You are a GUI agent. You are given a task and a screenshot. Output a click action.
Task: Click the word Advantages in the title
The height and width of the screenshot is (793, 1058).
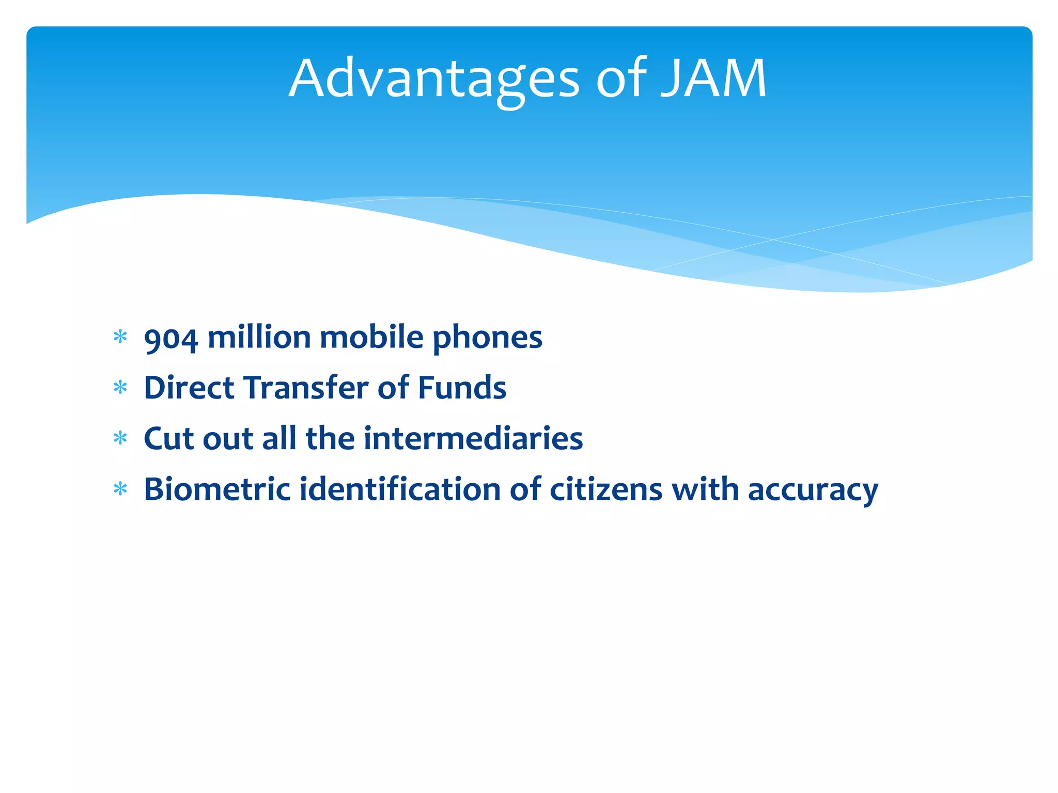click(434, 78)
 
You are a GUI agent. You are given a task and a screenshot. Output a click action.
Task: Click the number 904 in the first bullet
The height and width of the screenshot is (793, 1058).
click(170, 339)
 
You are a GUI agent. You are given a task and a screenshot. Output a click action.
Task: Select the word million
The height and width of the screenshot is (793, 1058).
click(258, 338)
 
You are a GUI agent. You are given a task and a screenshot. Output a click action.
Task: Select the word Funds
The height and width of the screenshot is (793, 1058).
click(462, 388)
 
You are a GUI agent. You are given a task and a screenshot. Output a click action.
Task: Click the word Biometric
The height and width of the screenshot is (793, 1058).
click(217, 489)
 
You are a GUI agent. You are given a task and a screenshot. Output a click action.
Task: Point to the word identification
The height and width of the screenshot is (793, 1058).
click(400, 489)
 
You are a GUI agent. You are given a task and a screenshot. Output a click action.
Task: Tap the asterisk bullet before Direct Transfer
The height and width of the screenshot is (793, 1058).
click(120, 388)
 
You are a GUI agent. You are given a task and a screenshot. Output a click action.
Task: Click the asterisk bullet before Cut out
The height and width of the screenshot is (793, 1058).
click(120, 438)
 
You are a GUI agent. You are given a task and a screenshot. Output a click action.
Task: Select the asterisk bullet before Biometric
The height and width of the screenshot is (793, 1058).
click(120, 489)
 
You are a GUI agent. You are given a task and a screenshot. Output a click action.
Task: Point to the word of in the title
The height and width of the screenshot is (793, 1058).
click(621, 78)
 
